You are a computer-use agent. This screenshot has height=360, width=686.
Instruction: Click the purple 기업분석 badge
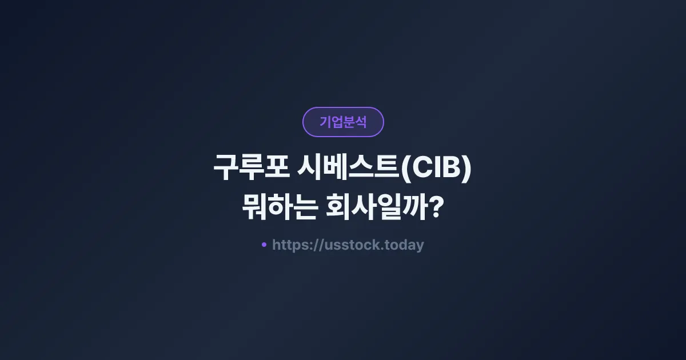click(343, 122)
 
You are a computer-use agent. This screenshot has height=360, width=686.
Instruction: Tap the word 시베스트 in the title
click(348, 170)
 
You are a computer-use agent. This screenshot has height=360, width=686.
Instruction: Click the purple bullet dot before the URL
click(264, 245)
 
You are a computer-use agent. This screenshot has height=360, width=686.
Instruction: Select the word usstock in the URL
click(355, 245)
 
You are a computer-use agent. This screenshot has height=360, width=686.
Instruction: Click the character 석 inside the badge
click(360, 122)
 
